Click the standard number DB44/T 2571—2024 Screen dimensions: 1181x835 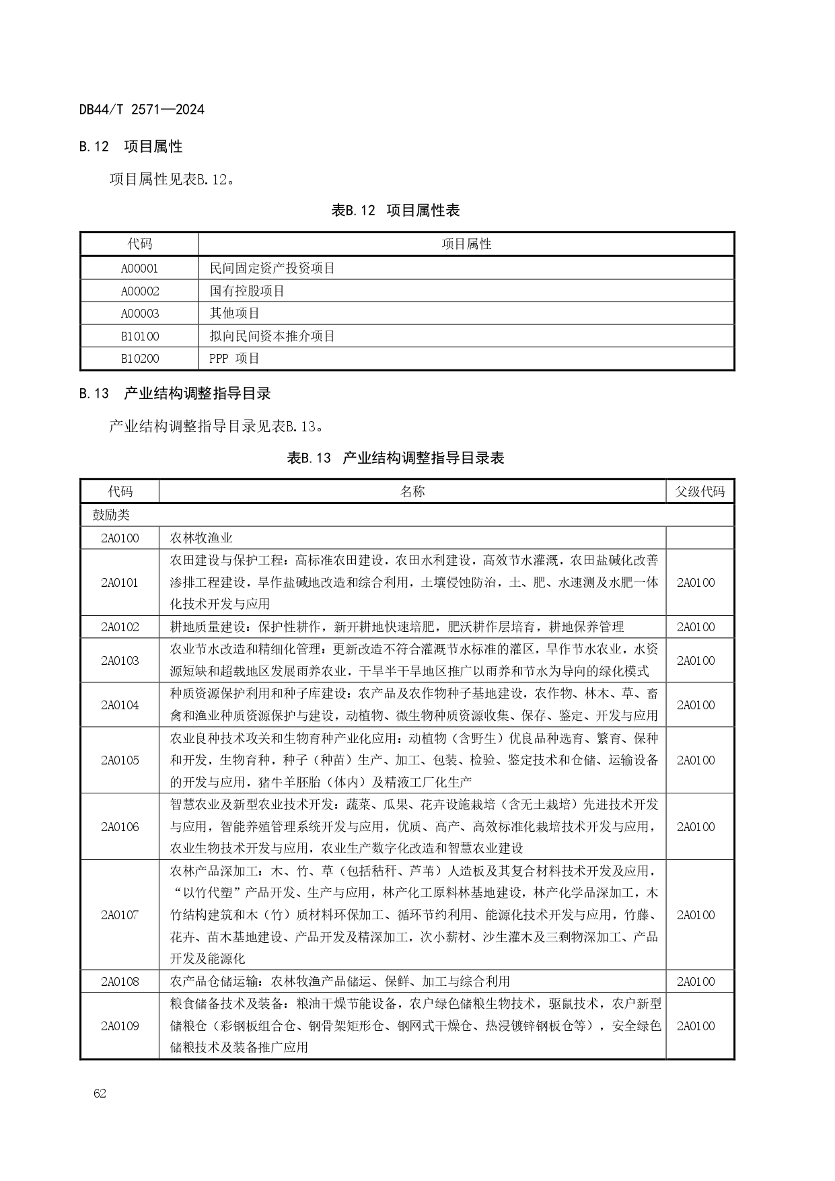[141, 109]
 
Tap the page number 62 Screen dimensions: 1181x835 [100, 1093]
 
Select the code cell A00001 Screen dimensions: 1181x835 [140, 268]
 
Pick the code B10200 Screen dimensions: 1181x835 [140, 358]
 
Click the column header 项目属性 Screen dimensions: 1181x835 [466, 244]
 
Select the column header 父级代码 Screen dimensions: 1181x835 [700, 491]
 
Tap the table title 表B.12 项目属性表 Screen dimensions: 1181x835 [396, 211]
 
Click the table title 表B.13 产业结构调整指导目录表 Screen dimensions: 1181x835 [396, 458]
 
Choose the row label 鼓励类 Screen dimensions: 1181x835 [111, 515]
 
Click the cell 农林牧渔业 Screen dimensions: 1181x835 [201, 538]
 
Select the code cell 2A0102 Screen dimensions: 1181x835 [120, 627]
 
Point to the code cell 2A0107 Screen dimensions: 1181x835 [120, 915]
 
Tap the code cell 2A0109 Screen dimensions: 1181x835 [120, 1026]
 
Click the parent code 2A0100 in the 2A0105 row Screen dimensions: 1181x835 [696, 760]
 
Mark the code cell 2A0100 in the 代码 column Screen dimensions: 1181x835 [120, 538]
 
